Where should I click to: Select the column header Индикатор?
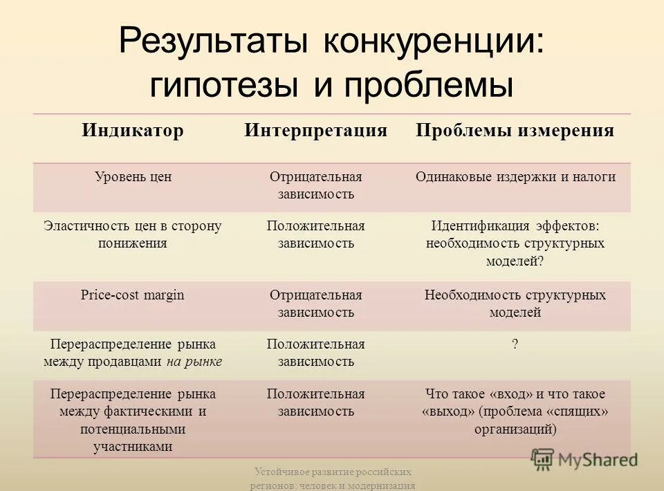133,131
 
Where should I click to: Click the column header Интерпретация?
315,131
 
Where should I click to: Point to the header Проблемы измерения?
515,131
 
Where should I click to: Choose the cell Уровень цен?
133,177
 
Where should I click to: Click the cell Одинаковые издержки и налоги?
515,177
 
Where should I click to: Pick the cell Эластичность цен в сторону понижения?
133,234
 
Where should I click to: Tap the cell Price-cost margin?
133,295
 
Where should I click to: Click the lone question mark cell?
515,344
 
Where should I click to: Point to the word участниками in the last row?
133,447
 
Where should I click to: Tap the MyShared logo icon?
542,459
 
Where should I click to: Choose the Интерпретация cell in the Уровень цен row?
315,185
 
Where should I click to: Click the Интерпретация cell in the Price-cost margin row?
315,304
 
